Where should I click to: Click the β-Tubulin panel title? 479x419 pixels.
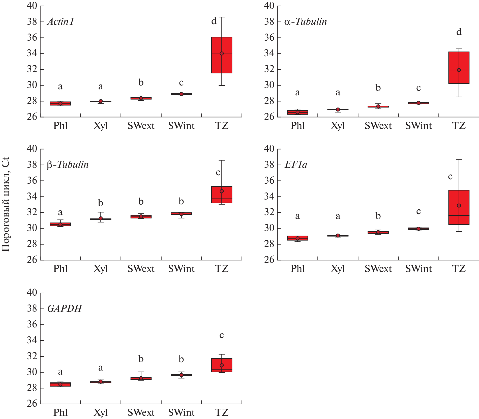coord(68,165)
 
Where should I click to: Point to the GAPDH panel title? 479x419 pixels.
coord(65,309)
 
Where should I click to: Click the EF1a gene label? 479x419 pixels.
coord(296,165)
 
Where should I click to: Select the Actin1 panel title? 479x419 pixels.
coord(61,22)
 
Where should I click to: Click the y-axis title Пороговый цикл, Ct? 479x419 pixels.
coord(6,204)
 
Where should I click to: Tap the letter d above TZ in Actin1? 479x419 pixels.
coord(214,21)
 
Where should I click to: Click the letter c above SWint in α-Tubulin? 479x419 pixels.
coord(418,88)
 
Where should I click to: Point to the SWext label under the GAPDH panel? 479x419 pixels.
coord(141,412)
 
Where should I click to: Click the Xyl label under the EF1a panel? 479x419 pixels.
coord(338,269)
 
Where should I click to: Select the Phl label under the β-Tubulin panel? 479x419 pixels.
coord(61,269)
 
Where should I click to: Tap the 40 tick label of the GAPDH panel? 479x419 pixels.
coord(32,293)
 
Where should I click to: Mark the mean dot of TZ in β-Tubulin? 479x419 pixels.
coord(222,191)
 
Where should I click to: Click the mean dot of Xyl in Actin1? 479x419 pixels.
coord(101,101)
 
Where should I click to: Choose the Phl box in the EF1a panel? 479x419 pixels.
coord(297,238)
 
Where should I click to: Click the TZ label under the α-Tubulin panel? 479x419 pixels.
coord(459,126)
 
